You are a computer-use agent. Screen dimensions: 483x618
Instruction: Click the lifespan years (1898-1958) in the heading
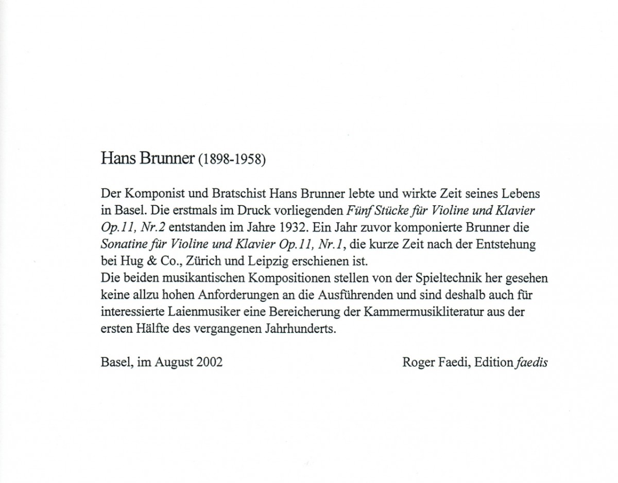click(x=232, y=159)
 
